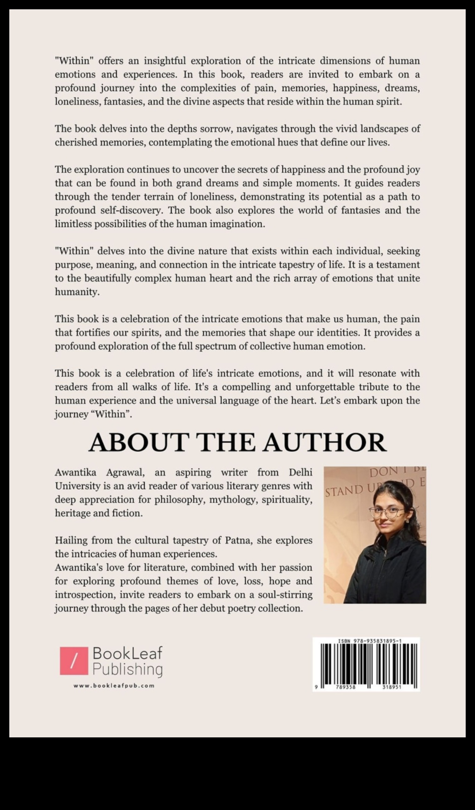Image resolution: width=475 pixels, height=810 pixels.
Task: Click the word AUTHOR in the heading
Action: (325, 442)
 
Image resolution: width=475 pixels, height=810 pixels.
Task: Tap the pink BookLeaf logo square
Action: (74, 661)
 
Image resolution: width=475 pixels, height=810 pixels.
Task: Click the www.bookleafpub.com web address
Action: (114, 685)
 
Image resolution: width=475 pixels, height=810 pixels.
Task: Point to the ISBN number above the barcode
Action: (370, 641)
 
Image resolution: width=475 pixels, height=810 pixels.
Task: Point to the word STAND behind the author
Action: (344, 490)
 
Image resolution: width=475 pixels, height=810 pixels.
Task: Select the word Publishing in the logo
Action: (128, 669)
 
